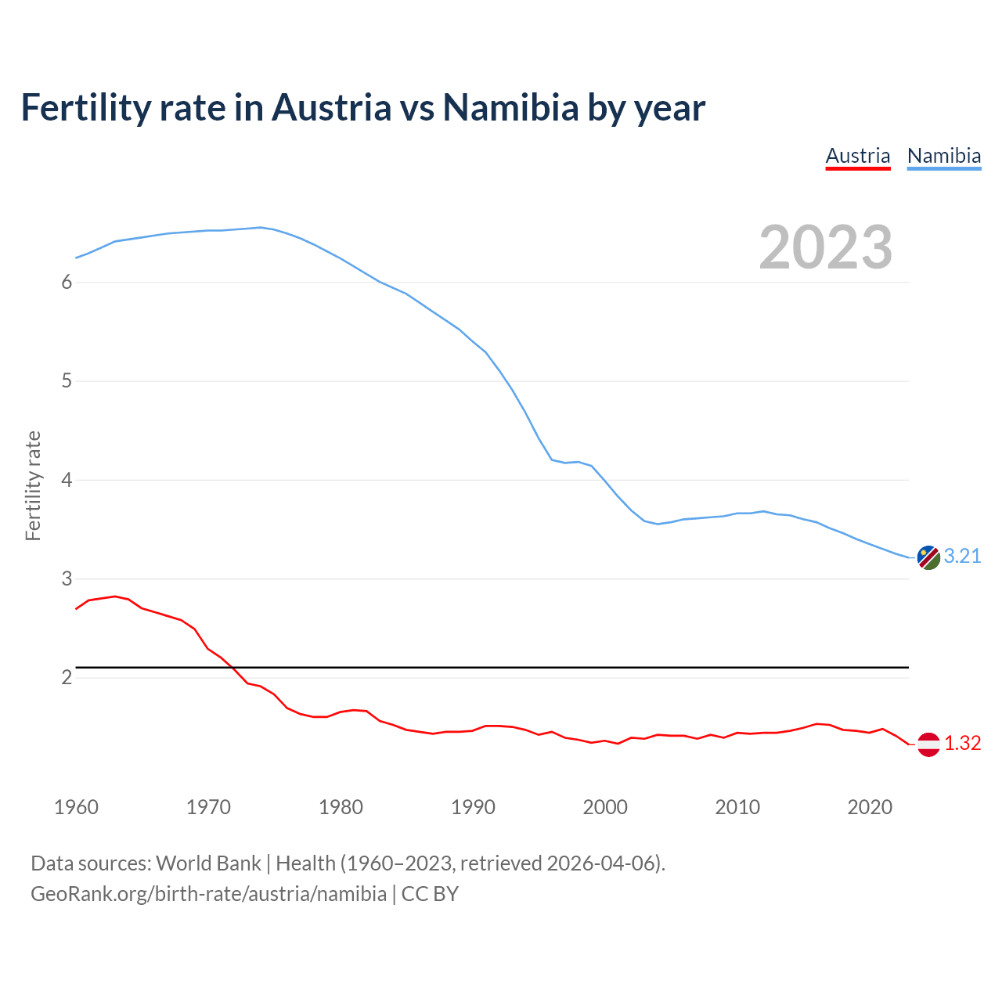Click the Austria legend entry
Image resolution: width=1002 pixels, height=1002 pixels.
858,156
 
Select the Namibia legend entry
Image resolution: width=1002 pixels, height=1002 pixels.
943,156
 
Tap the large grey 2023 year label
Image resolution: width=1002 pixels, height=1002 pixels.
825,247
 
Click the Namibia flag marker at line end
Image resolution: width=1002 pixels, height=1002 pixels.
928,557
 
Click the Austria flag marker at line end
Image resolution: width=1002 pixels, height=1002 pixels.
928,744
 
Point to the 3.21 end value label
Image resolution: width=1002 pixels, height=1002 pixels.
962,556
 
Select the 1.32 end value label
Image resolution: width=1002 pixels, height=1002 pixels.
962,743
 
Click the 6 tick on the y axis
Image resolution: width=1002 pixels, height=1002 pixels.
67,283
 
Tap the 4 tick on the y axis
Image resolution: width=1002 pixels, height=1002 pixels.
67,480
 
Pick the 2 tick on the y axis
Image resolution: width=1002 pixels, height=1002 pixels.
67,677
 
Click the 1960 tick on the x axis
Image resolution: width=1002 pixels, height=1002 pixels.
76,807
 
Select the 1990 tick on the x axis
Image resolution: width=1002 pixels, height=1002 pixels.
473,807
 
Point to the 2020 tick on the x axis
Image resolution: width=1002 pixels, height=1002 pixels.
870,807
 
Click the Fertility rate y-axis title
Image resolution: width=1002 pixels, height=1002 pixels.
33,485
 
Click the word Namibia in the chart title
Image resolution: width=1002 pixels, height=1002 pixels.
510,107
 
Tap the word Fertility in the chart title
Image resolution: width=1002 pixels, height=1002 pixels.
85,107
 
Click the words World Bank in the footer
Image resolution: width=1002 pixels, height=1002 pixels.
208,863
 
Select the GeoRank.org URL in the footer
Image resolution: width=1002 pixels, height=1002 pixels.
208,894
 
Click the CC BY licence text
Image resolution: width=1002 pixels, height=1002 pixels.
430,894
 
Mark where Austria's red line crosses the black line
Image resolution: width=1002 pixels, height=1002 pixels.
232,667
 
